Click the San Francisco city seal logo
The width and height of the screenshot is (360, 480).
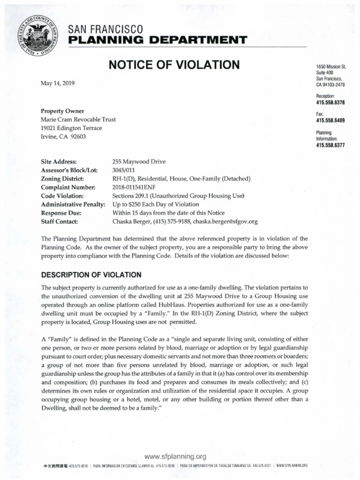(x=37, y=36)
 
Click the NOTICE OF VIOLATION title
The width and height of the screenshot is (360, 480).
(x=174, y=65)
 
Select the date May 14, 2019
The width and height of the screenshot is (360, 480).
(x=58, y=83)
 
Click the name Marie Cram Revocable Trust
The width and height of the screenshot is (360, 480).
(x=78, y=120)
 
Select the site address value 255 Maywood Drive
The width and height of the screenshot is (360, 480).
(x=139, y=162)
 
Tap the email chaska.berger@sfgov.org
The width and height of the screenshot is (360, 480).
(x=225, y=222)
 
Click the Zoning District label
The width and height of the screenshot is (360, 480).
(x=62, y=179)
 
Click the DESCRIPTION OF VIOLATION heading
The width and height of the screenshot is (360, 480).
(x=91, y=274)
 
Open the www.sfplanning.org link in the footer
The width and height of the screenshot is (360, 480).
(x=176, y=456)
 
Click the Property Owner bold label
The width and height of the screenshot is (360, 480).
(x=62, y=111)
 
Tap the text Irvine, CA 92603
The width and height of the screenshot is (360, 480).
(x=64, y=136)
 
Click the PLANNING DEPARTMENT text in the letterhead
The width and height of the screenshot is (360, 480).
(x=157, y=41)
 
